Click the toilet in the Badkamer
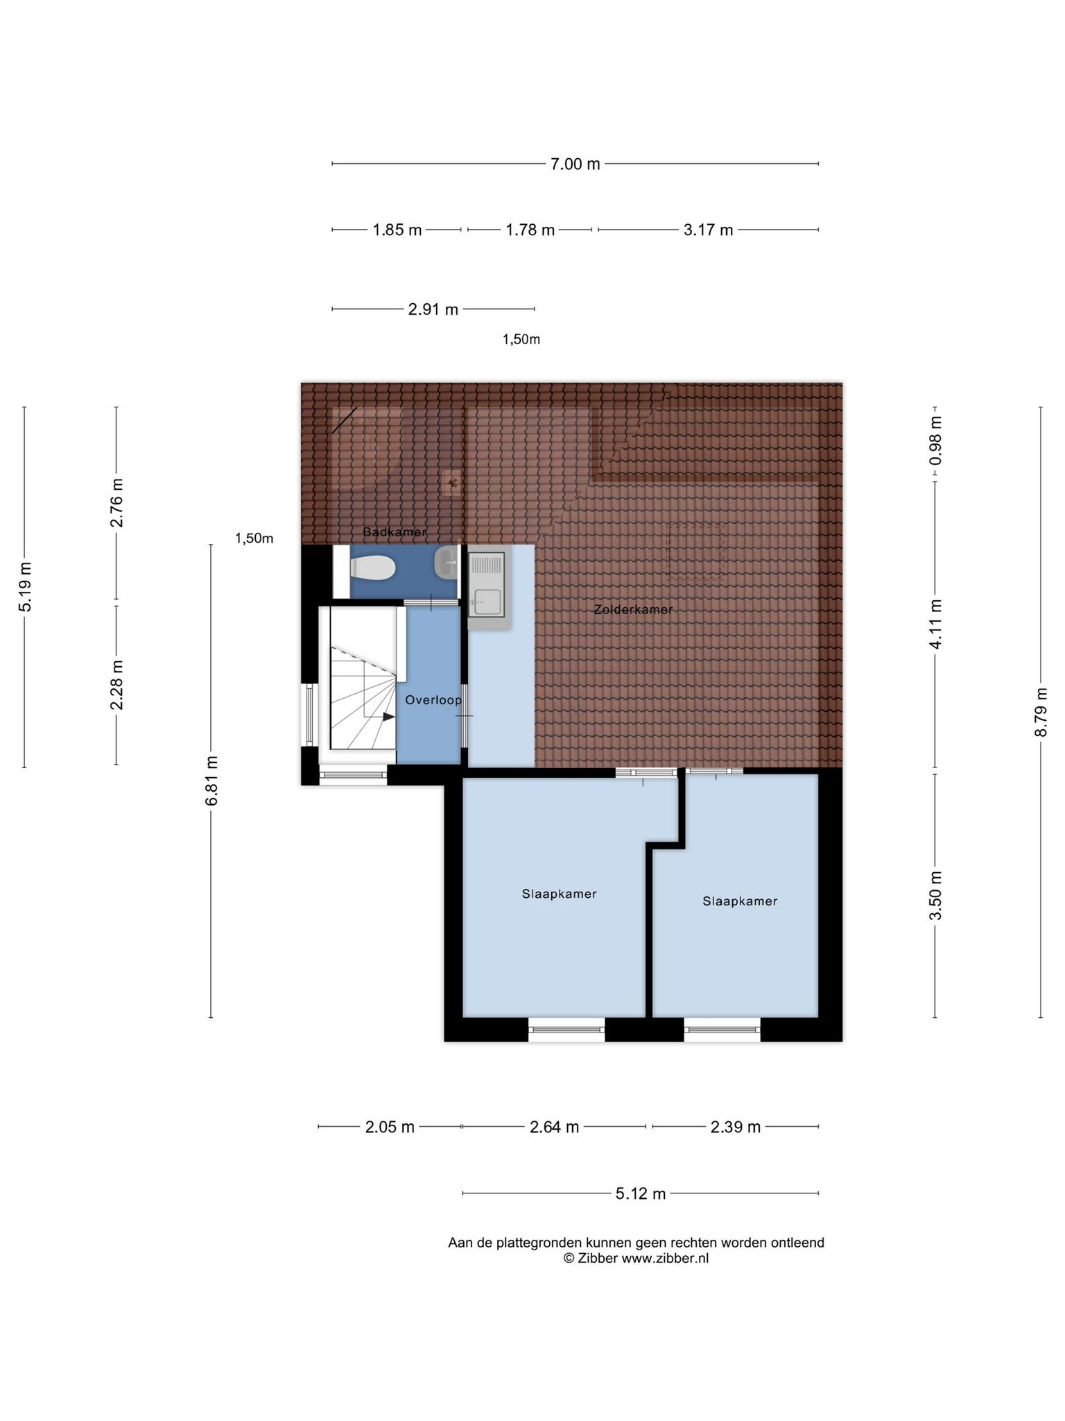[x=373, y=570]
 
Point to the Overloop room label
[x=433, y=700]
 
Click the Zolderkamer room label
[x=634, y=610]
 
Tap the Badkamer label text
[x=395, y=532]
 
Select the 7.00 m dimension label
[x=575, y=164]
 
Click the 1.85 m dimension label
[x=397, y=230]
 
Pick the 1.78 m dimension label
[x=530, y=230]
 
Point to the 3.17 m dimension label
[x=709, y=230]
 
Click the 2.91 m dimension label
[x=433, y=309]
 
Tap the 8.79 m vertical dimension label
[x=1041, y=713]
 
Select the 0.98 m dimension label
[x=936, y=441]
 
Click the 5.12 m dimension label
[x=641, y=1193]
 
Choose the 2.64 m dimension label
[x=555, y=1127]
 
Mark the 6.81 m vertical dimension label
[x=211, y=781]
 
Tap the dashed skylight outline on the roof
[x=695, y=551]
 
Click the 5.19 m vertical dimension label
[x=25, y=586]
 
